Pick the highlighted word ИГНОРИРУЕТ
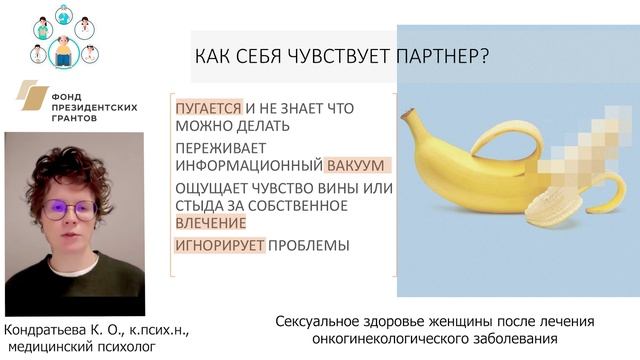pos(220,245)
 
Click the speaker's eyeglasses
pos(71,210)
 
